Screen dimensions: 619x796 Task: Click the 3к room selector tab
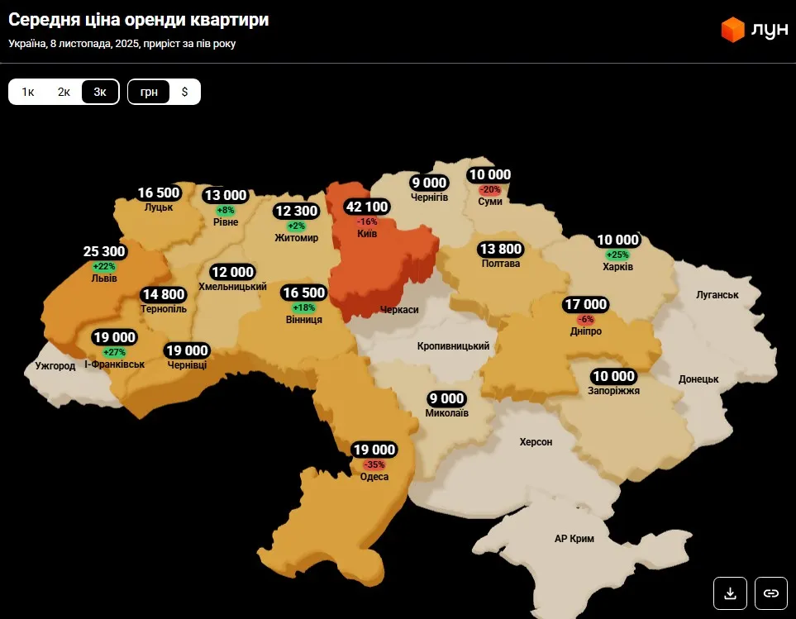[x=100, y=92]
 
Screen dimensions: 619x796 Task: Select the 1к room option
[x=27, y=92]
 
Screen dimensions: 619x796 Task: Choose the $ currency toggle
[x=184, y=92]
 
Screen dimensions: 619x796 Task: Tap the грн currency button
[x=149, y=92]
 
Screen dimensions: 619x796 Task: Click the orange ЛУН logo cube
[x=732, y=30]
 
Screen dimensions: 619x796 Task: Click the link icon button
[x=770, y=593]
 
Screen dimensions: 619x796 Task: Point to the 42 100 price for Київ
[x=367, y=207]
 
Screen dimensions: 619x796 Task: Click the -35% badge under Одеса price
[x=374, y=464]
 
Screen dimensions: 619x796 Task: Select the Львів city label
[x=104, y=279]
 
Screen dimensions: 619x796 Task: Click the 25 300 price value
[x=104, y=251]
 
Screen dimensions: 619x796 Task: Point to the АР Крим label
[x=574, y=539]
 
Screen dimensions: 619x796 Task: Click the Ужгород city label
[x=55, y=365]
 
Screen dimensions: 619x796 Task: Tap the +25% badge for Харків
[x=617, y=255]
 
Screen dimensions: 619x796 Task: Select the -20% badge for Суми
[x=490, y=189]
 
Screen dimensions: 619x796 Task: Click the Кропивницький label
[x=454, y=346]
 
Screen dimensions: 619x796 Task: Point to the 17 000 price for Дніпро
[x=585, y=304]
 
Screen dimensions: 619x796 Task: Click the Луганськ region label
[x=717, y=294]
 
